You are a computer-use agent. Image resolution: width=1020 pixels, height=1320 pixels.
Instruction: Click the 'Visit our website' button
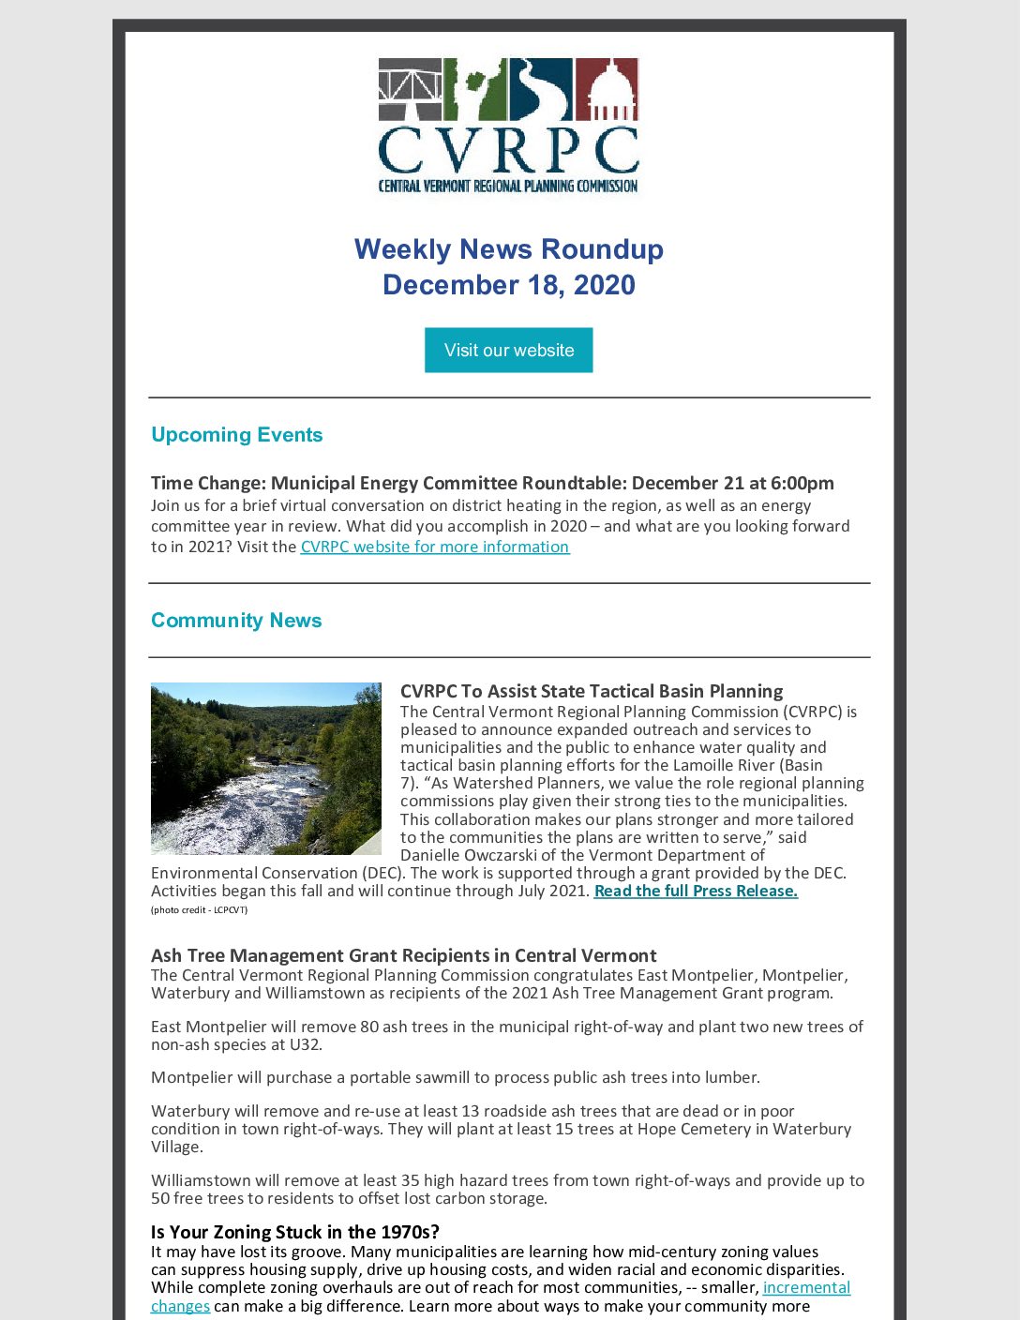click(508, 350)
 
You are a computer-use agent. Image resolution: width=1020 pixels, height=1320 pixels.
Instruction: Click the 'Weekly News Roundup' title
click(508, 249)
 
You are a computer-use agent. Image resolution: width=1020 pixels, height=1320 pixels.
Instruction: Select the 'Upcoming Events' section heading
click(236, 435)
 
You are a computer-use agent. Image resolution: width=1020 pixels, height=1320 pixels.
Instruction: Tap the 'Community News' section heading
click(236, 621)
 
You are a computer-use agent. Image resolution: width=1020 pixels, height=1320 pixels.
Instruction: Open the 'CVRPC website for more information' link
click(434, 547)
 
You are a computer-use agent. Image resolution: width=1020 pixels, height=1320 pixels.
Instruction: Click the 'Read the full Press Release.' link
click(696, 891)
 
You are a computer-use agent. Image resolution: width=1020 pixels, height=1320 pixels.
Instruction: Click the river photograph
click(266, 768)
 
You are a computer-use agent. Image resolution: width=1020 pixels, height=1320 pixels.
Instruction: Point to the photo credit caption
click(199, 909)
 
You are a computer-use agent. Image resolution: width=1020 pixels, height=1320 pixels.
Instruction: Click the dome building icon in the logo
click(607, 90)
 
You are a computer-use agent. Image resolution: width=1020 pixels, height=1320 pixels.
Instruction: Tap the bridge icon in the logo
click(410, 90)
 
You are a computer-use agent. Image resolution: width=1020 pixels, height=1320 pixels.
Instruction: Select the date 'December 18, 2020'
click(508, 285)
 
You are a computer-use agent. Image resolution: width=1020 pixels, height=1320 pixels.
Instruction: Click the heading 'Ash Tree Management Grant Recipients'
click(403, 955)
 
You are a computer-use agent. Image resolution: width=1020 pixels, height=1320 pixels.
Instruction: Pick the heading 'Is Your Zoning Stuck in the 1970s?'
click(294, 1232)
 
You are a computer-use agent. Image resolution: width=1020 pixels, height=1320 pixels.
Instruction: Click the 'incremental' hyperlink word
click(806, 1287)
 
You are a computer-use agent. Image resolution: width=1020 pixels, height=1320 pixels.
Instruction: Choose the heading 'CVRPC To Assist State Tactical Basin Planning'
click(591, 691)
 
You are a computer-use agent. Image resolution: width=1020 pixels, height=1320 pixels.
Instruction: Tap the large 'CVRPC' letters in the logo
click(508, 150)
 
